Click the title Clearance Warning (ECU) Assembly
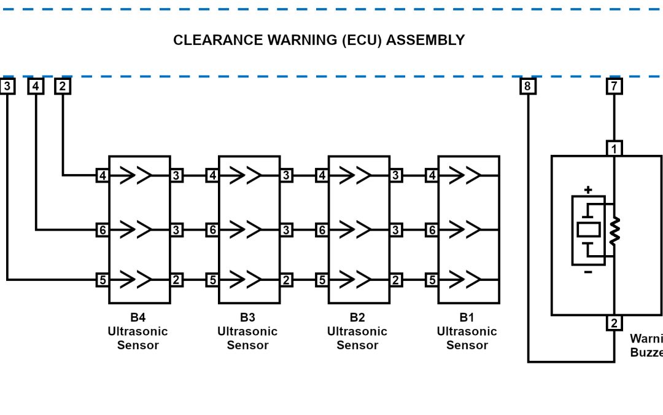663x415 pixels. click(319, 41)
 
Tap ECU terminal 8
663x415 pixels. click(527, 86)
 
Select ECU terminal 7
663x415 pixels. click(614, 86)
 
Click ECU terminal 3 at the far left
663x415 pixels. click(7, 86)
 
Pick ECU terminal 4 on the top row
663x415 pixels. click(36, 86)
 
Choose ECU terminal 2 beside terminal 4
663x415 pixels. click(63, 86)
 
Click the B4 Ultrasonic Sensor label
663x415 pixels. click(138, 331)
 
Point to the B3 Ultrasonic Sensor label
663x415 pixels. click(247, 331)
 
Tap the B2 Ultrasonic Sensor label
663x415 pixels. click(357, 331)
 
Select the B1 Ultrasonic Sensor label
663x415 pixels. click(467, 331)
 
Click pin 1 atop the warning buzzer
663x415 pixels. click(614, 149)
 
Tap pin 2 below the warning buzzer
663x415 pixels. click(614, 323)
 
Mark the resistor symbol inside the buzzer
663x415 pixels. click(614, 231)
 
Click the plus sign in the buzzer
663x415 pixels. click(588, 190)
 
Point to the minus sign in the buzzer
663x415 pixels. click(588, 272)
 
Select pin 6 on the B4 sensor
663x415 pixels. click(103, 230)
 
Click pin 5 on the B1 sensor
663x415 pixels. click(432, 280)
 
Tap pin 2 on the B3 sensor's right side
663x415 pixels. click(286, 280)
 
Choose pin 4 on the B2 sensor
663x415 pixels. click(322, 176)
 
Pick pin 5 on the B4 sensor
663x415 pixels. click(103, 280)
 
